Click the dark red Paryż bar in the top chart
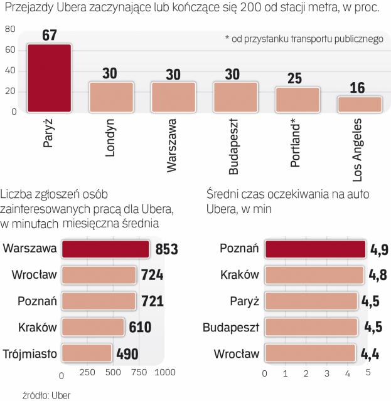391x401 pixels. point(49,78)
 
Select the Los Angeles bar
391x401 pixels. point(360,104)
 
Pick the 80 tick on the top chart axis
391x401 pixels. point(10,29)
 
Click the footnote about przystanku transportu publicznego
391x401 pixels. point(303,39)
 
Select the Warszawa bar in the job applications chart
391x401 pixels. point(105,249)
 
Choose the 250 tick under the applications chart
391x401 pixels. point(87,374)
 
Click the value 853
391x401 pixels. point(166,249)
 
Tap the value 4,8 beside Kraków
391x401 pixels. point(375,276)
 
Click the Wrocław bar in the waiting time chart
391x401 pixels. point(311,354)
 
